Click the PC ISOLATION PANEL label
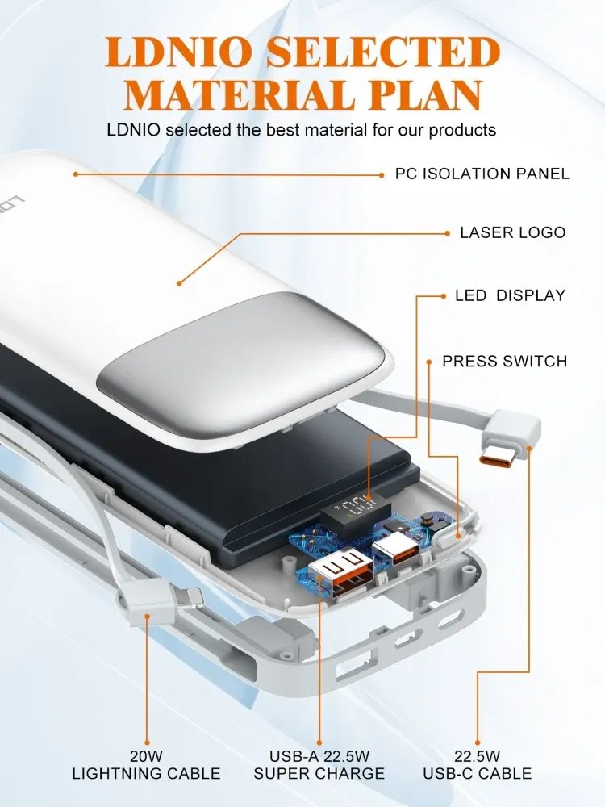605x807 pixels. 482,174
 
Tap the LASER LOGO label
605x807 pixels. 513,232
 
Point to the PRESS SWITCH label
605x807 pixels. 505,361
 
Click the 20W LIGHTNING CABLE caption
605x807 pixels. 146,765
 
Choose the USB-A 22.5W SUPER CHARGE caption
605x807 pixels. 319,765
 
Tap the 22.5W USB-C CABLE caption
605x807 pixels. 478,765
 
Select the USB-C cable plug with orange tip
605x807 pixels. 509,440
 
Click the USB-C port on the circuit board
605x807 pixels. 396,549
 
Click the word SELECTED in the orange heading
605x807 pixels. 383,52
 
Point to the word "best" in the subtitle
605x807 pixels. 282,130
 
